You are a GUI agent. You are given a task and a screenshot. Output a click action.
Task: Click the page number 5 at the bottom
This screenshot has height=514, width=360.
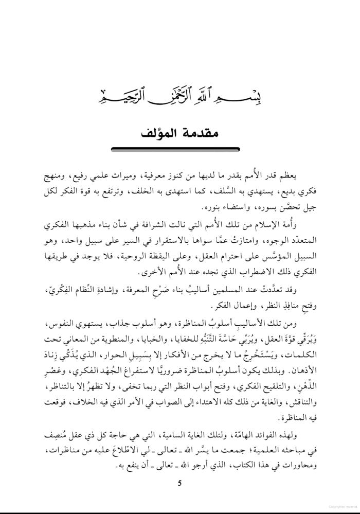pyautogui.click(x=179, y=483)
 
